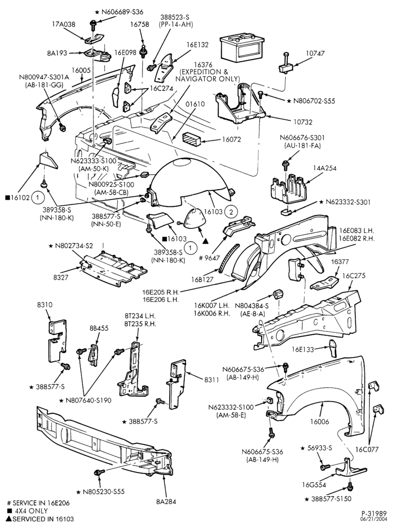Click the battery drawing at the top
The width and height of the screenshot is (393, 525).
240,48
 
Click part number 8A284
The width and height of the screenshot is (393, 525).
166,501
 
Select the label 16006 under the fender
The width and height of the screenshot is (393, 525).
319,422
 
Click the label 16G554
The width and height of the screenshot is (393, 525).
314,484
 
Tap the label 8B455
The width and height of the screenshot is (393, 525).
99,328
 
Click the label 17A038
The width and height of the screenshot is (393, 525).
64,24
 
